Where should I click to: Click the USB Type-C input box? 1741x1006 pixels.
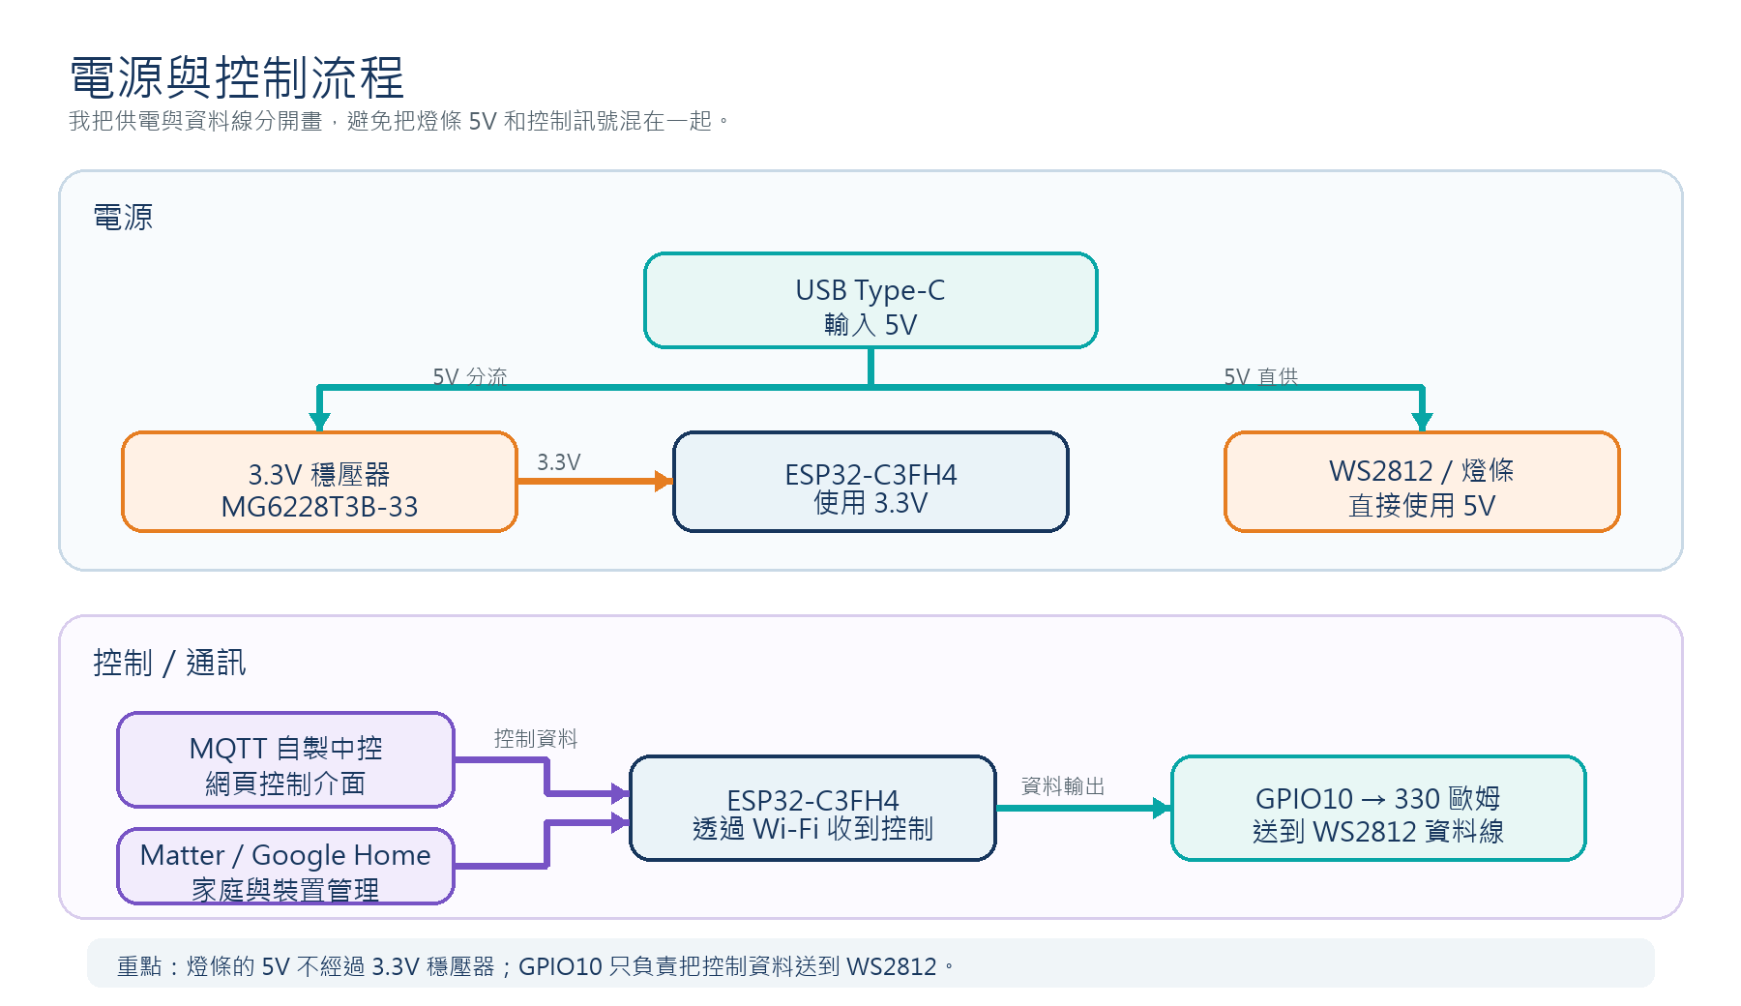click(x=870, y=300)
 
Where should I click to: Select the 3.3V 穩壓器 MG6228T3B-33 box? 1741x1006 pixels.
click(x=319, y=482)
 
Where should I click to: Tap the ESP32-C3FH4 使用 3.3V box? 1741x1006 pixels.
click(x=870, y=482)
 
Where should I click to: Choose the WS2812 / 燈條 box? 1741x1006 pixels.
click(x=1422, y=482)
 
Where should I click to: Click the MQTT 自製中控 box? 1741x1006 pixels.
click(x=285, y=759)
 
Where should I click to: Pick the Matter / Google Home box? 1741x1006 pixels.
click(x=285, y=866)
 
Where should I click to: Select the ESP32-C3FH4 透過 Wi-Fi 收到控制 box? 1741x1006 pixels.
click(x=812, y=808)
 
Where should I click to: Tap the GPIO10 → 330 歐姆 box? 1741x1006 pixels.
click(x=1378, y=808)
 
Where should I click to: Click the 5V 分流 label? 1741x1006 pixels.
click(x=469, y=376)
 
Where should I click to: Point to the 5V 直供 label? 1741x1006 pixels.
click(x=1260, y=376)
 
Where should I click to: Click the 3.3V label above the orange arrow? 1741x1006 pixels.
click(x=559, y=462)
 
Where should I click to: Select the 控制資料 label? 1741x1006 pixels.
click(x=536, y=739)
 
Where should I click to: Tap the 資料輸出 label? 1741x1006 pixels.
click(x=1063, y=786)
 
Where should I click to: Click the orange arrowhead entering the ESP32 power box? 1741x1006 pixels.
click(x=664, y=481)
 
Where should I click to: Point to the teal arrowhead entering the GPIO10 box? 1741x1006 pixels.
click(x=1163, y=809)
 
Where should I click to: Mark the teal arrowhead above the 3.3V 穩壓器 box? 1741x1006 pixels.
click(x=319, y=422)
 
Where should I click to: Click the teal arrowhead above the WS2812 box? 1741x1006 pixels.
click(x=1422, y=422)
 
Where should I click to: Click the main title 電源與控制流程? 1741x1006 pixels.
click(x=237, y=77)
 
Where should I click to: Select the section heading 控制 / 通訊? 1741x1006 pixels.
click(x=169, y=663)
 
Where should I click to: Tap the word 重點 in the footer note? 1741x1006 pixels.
click(x=139, y=966)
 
